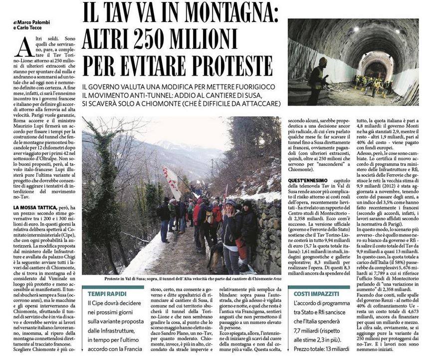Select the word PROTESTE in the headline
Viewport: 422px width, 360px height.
tap(225, 63)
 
